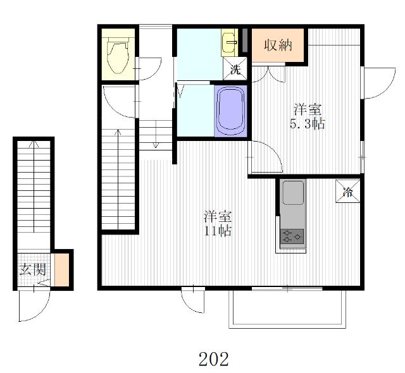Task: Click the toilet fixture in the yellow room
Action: (x=117, y=54)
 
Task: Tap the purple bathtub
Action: (x=230, y=111)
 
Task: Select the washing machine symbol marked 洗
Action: (x=235, y=69)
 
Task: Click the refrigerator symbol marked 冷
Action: (x=347, y=191)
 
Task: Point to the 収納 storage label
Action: (x=278, y=45)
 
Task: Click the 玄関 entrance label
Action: (x=33, y=269)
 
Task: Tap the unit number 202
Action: (x=214, y=359)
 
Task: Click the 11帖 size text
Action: (x=218, y=231)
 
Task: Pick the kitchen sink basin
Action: (x=293, y=193)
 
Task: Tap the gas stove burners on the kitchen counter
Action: (x=292, y=236)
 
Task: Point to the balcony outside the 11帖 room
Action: (x=287, y=309)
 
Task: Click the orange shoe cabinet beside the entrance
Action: (x=62, y=269)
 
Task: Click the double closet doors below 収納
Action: (x=268, y=75)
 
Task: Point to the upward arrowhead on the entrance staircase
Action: (x=34, y=144)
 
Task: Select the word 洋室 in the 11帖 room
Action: (x=218, y=217)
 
